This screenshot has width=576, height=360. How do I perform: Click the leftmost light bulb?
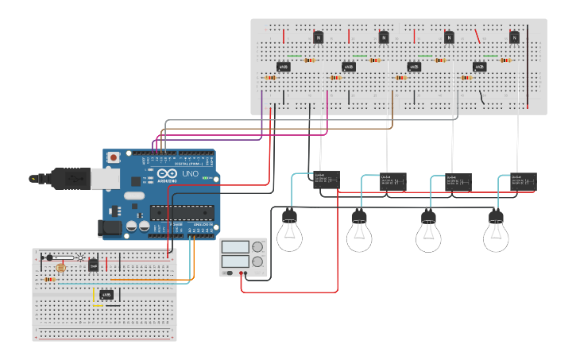(289, 233)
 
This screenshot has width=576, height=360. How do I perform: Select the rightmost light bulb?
(497, 233)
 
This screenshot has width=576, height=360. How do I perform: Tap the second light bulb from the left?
(358, 233)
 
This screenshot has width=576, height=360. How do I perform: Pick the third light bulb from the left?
(428, 233)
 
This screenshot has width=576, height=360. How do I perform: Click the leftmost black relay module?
(326, 180)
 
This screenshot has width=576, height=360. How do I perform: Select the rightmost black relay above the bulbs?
(523, 181)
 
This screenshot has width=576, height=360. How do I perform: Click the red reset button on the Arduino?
(114, 158)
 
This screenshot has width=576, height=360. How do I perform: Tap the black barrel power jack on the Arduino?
(111, 229)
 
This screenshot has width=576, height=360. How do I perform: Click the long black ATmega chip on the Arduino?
(182, 212)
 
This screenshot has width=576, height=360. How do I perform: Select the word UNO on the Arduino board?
(191, 173)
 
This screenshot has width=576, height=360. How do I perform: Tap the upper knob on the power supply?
(257, 247)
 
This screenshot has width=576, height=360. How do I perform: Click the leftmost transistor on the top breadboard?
(318, 37)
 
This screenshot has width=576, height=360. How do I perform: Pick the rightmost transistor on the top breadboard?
(514, 37)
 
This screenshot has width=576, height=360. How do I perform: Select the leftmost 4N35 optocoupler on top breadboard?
(283, 67)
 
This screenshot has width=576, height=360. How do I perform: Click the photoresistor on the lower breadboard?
(62, 269)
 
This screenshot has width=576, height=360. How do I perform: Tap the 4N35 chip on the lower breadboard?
(106, 295)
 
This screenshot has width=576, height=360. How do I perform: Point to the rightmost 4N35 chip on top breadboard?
(479, 67)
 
